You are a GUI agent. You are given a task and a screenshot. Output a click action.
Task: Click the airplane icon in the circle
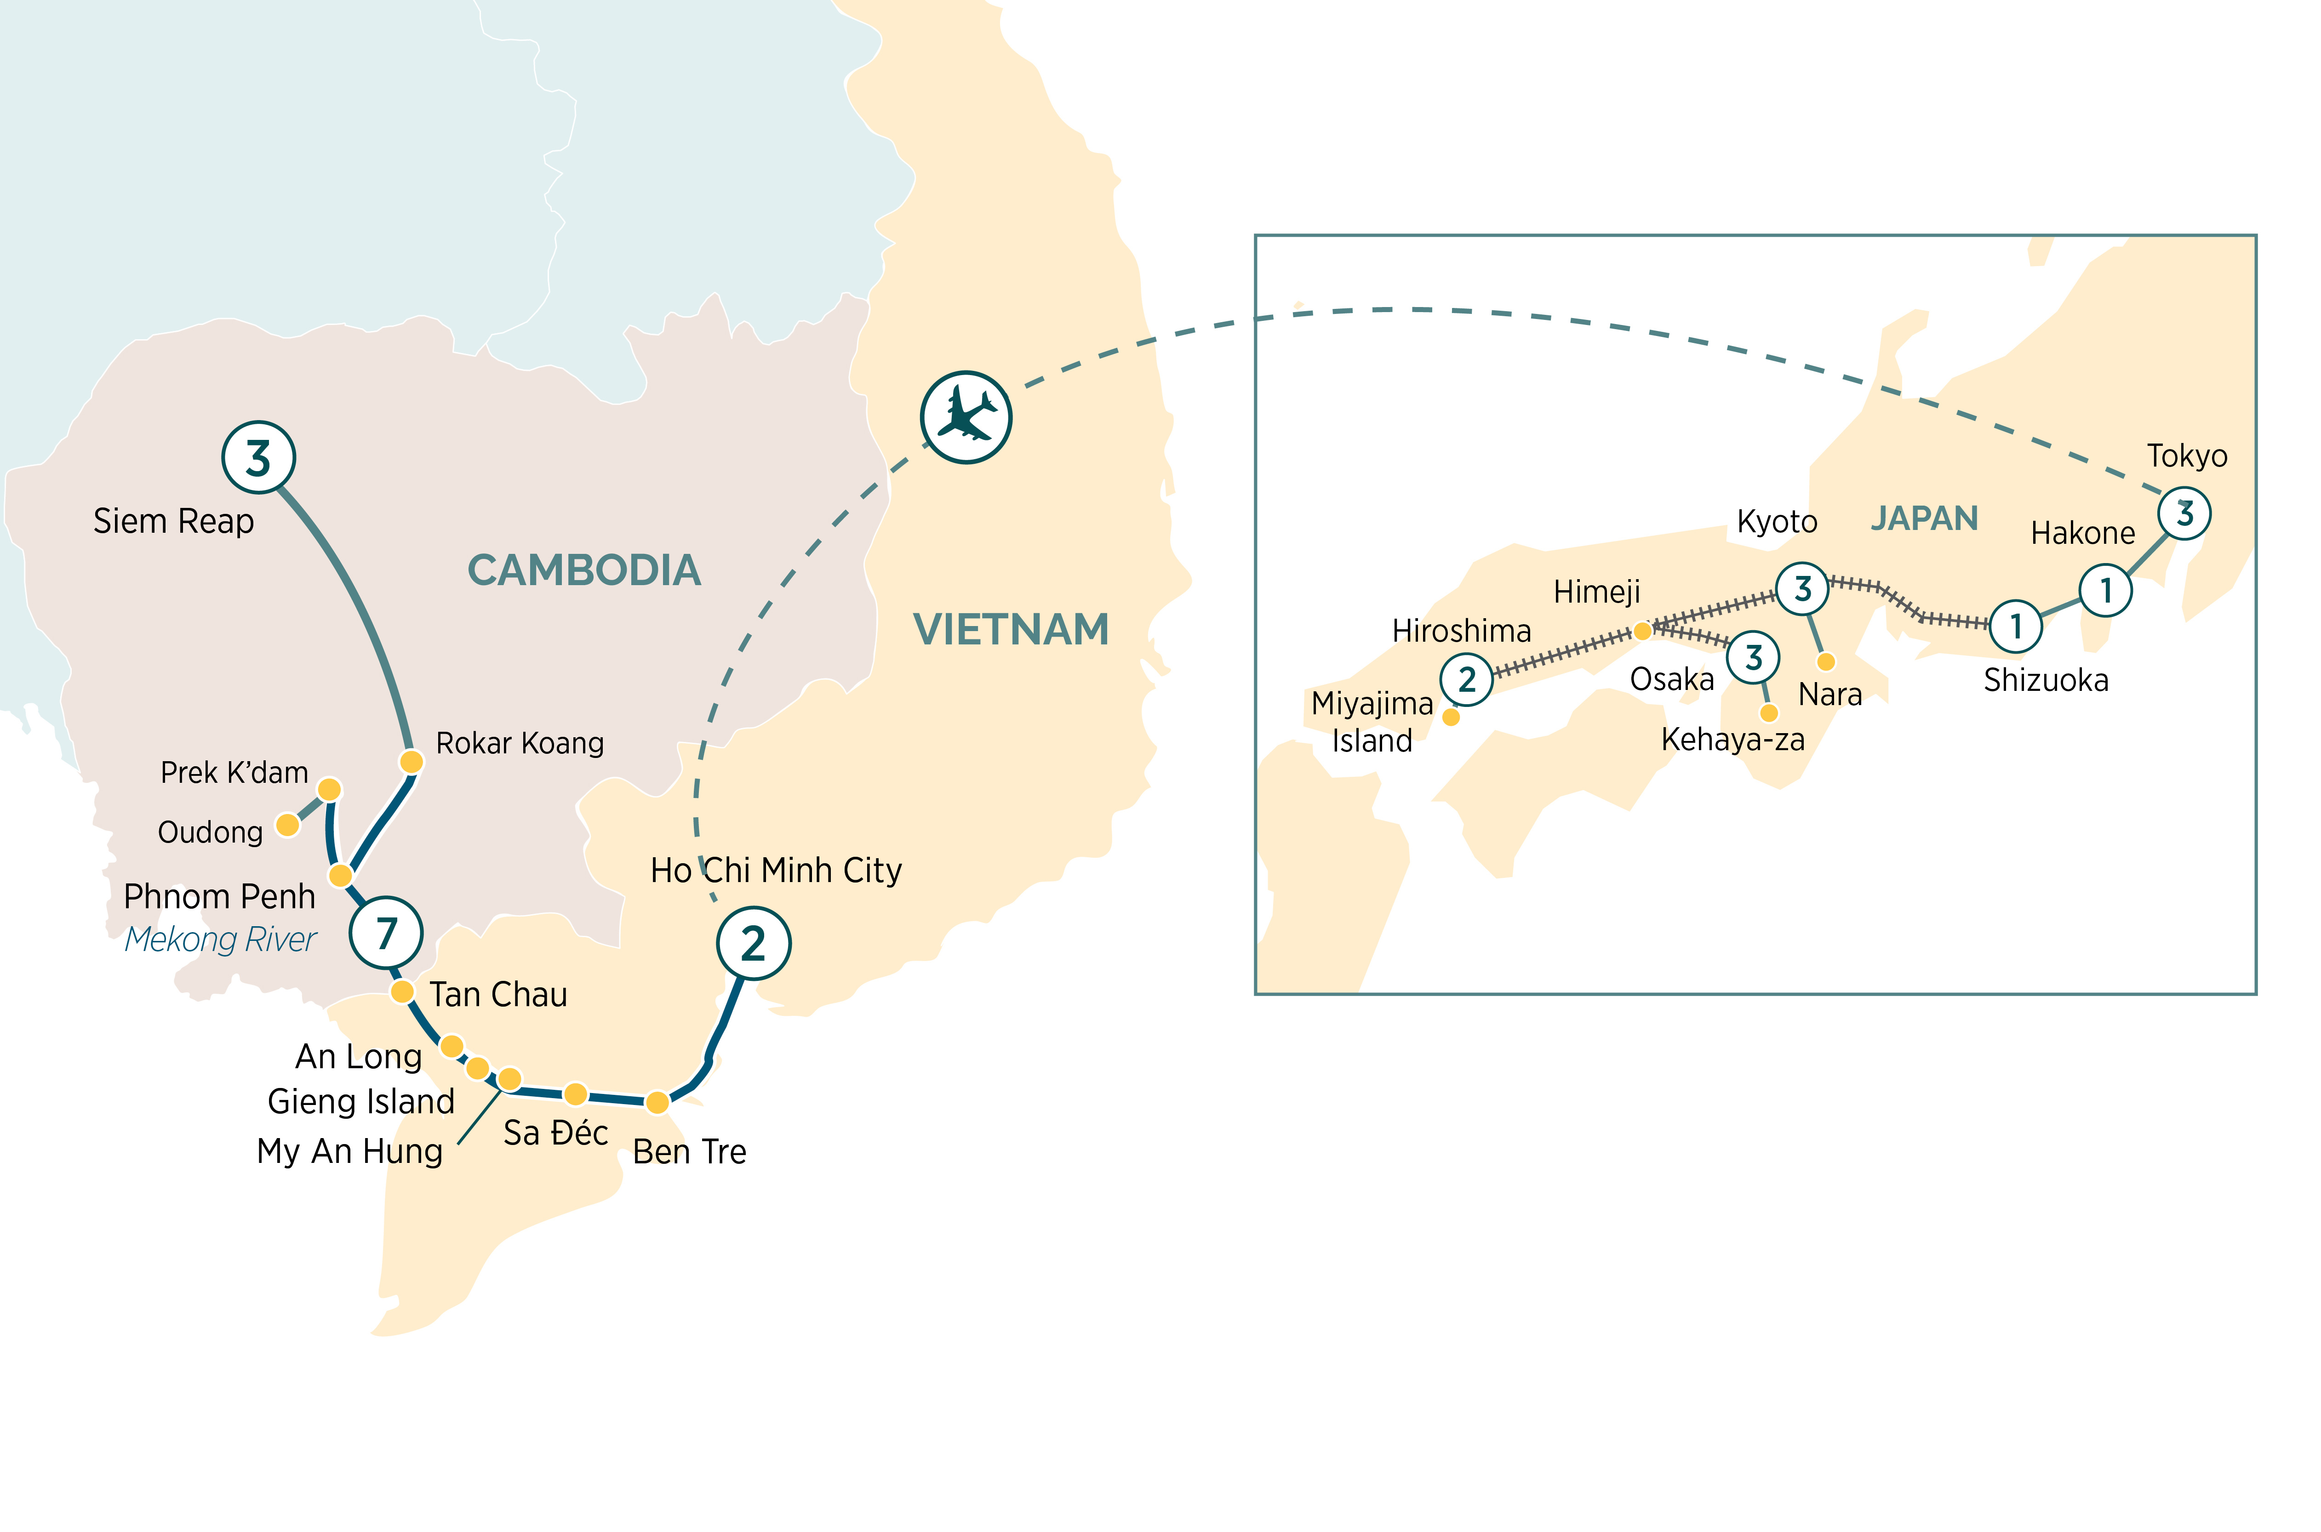[966, 417]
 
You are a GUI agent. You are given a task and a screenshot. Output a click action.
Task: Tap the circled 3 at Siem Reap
[258, 457]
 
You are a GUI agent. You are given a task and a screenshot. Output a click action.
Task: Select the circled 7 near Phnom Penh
[386, 933]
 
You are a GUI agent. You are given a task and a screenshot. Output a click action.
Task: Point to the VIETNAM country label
[1011, 629]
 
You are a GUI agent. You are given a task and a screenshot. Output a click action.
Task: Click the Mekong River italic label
[221, 939]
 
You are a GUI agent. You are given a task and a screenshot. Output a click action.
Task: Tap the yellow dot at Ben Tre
[657, 1102]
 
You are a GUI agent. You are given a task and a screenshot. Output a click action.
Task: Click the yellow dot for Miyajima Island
[1451, 717]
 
